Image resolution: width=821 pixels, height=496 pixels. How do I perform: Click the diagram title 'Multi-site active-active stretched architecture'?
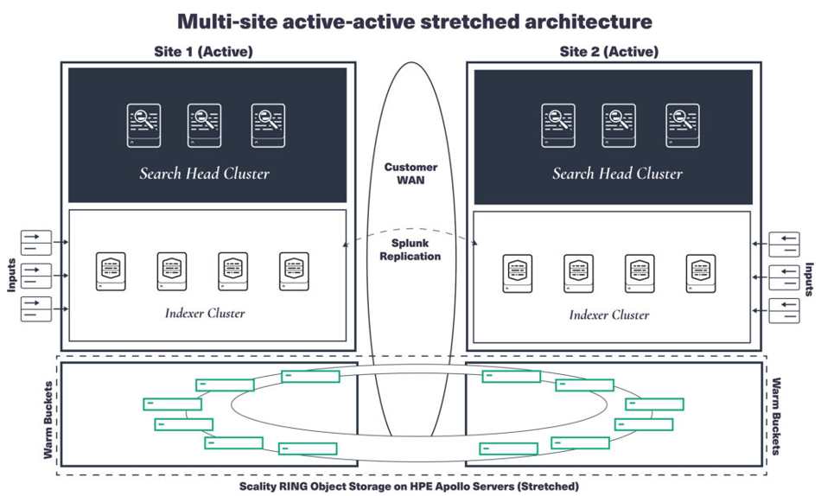pyautogui.click(x=414, y=20)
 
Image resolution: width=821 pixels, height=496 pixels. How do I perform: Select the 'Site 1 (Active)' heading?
pyautogui.click(x=202, y=52)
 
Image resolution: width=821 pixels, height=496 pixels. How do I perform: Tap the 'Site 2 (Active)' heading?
pyautogui.click(x=608, y=52)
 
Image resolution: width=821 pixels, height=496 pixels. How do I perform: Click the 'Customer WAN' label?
pyautogui.click(x=410, y=174)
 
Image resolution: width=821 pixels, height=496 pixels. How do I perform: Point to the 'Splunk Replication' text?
pyautogui.click(x=410, y=250)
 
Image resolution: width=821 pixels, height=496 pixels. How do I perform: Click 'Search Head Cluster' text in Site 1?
pyautogui.click(x=205, y=174)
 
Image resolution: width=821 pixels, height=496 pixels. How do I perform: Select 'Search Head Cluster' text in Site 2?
pyautogui.click(x=617, y=174)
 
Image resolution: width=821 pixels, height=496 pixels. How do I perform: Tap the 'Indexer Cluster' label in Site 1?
pyautogui.click(x=205, y=313)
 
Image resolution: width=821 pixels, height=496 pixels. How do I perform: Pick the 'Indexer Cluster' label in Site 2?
pyautogui.click(x=608, y=315)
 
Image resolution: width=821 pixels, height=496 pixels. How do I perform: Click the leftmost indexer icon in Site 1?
pyautogui.click(x=111, y=271)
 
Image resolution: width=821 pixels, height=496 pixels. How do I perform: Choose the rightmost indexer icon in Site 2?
pyautogui.click(x=701, y=273)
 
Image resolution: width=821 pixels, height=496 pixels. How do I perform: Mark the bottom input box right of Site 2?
pyautogui.click(x=788, y=309)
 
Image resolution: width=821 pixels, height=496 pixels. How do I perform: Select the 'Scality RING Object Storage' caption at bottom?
pyautogui.click(x=409, y=486)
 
